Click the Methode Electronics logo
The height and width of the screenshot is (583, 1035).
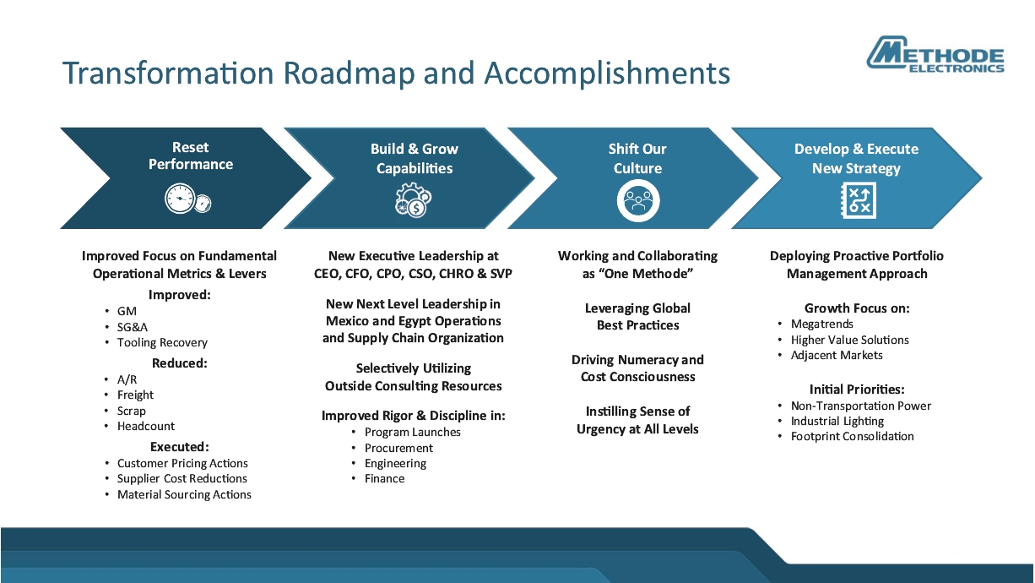click(x=936, y=56)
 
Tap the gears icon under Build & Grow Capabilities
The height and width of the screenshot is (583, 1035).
click(x=413, y=200)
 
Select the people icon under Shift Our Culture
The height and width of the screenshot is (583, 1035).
click(x=637, y=200)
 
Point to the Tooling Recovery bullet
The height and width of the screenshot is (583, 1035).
click(x=162, y=342)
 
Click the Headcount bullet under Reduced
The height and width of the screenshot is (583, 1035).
click(x=146, y=426)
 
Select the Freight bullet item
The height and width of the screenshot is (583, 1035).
click(x=135, y=395)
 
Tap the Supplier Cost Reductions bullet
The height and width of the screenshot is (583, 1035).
click(x=182, y=478)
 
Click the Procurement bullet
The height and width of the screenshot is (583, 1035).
click(x=398, y=448)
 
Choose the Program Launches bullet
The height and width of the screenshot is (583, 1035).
click(x=412, y=432)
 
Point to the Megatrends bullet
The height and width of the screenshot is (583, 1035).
click(x=821, y=324)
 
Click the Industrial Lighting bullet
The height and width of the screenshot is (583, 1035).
click(x=837, y=421)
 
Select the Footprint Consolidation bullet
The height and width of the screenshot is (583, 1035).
click(x=852, y=436)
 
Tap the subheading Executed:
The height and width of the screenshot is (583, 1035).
click(x=179, y=446)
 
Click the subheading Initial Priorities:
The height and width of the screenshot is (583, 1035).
click(x=856, y=390)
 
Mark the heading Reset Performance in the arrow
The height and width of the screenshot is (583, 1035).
click(x=191, y=155)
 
